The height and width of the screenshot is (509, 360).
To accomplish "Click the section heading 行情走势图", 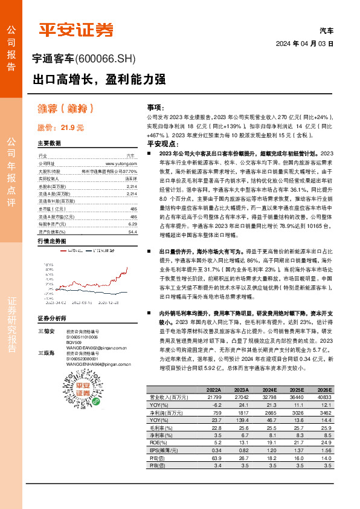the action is coord(51,241).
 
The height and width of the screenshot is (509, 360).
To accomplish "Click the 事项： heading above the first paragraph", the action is coord(155,106).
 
